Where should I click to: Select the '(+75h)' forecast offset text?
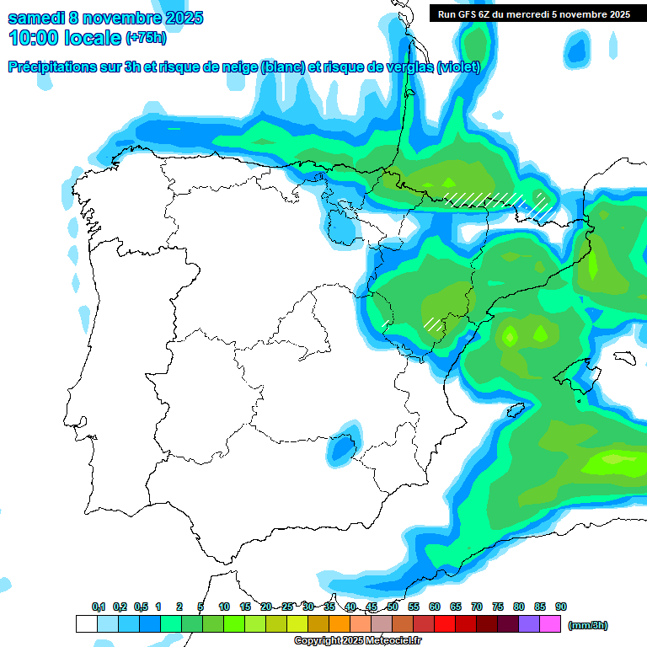pos(146,38)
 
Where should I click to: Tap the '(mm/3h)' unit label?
pos(588,625)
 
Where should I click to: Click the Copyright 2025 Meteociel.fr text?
pos(358,641)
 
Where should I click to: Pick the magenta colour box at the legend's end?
pos(550,624)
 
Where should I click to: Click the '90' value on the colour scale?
pos(561,607)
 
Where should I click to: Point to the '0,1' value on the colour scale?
pos(99,607)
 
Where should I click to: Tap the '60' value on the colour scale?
pos(435,607)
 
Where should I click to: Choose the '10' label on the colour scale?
pos(224,607)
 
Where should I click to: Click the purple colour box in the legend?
pos(529,624)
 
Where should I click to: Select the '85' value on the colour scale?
pos(540,607)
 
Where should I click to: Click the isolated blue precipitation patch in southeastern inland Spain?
pos(340,451)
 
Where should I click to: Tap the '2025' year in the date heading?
pos(179,18)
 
